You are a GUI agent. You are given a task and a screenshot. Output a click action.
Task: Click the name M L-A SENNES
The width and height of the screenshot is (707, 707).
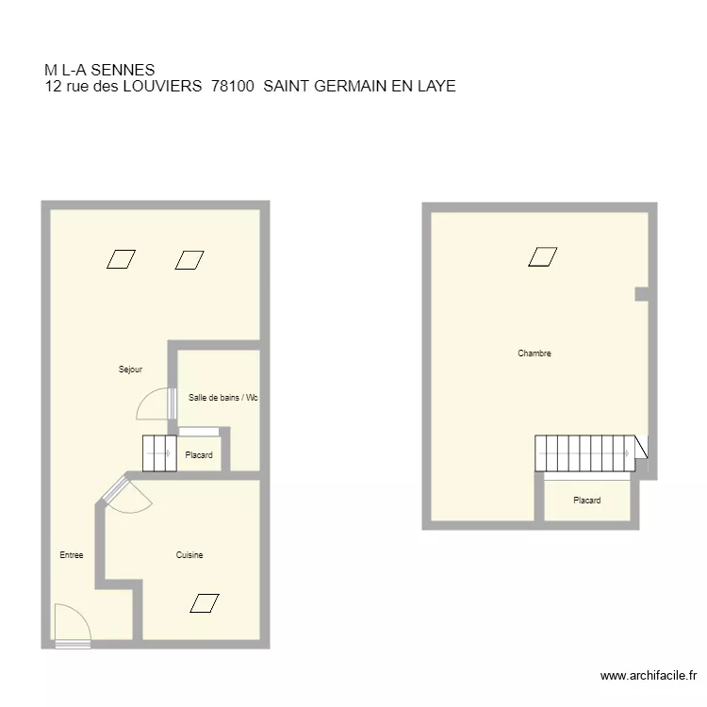point(99,70)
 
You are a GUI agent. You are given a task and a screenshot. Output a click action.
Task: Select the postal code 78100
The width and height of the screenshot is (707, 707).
point(233,86)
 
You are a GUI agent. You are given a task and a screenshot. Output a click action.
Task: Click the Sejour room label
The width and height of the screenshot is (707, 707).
point(130,370)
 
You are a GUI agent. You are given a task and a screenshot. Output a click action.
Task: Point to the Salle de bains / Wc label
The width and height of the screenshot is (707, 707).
point(222,398)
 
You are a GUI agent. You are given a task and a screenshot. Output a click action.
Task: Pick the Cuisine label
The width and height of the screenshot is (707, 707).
point(189,555)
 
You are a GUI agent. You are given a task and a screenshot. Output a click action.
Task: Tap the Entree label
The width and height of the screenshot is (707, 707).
point(71,555)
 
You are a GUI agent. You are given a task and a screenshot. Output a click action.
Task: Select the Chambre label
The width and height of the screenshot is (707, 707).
point(534,353)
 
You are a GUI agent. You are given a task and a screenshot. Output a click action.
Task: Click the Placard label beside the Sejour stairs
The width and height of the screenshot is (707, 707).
point(199,455)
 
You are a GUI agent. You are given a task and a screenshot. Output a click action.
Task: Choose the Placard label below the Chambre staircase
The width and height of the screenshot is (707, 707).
point(586,501)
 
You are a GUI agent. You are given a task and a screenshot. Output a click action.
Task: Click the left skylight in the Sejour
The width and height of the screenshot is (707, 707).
point(121,259)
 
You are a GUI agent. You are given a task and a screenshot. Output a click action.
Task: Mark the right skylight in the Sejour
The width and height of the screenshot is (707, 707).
point(189,259)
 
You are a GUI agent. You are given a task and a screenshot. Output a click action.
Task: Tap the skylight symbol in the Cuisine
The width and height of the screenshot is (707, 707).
point(204,603)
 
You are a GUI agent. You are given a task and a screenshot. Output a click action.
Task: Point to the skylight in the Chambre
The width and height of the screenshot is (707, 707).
point(542,256)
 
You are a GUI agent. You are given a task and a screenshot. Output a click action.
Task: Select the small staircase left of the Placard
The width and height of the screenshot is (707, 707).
point(159,453)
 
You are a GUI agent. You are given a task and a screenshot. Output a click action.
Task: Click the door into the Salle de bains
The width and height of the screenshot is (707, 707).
point(156,403)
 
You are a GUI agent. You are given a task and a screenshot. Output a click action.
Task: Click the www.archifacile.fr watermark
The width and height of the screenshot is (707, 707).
point(648,676)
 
